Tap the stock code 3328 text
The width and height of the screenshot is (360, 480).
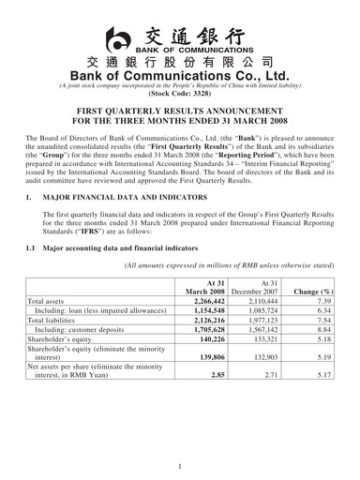179,95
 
